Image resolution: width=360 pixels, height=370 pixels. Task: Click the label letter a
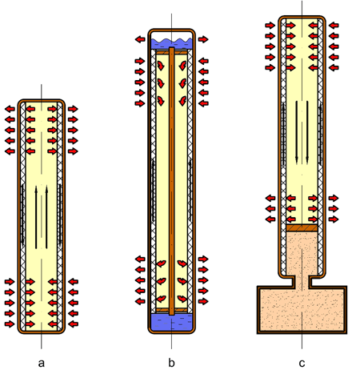41,362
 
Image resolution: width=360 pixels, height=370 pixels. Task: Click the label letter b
172,362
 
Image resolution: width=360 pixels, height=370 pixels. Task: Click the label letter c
302,362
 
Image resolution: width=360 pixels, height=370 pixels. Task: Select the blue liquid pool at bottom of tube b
172,322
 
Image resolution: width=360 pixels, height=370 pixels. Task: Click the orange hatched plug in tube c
302,228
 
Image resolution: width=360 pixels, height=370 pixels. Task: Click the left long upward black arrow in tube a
35,216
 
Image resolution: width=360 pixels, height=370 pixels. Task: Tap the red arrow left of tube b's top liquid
140,38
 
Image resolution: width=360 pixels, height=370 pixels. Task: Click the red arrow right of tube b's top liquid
204,38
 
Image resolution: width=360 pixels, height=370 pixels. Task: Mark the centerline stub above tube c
302,6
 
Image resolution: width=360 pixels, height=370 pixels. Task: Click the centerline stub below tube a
41,342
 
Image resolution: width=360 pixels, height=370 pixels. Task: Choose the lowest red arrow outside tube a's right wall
73,324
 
